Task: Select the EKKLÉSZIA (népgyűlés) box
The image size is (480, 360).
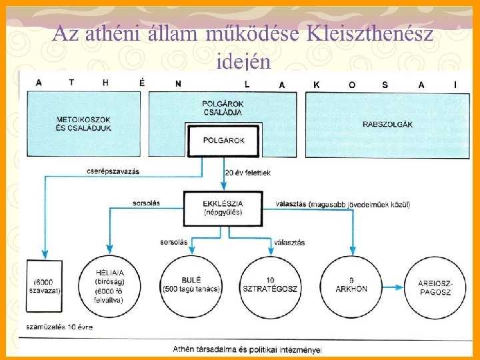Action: point(223,207)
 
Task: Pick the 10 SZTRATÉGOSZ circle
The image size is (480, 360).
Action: point(272,286)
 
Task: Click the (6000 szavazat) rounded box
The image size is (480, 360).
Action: point(45,287)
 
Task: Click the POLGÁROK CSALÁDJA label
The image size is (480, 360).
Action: point(222,108)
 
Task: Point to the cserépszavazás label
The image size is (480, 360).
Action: point(113,171)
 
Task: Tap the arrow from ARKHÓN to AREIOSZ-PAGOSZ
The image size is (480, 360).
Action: point(394,287)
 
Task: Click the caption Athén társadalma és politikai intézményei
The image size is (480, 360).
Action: point(247,349)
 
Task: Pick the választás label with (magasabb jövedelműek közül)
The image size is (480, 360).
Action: point(343,203)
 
